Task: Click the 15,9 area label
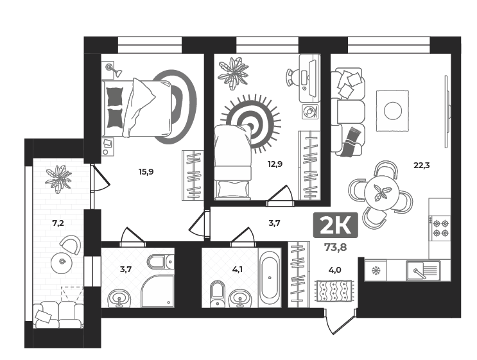(x=146, y=172)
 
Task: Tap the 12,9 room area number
(x=275, y=164)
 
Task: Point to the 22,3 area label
(x=421, y=165)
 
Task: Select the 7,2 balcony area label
(x=58, y=223)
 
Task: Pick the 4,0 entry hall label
(x=334, y=270)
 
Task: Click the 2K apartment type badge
(x=334, y=226)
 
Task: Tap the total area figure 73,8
(x=334, y=247)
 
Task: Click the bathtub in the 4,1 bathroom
(x=270, y=277)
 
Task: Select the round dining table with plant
(x=381, y=193)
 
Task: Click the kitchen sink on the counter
(x=422, y=271)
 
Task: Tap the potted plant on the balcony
(x=58, y=178)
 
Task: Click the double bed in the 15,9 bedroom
(x=138, y=107)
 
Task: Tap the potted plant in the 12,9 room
(x=233, y=73)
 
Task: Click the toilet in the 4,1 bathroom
(x=217, y=293)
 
